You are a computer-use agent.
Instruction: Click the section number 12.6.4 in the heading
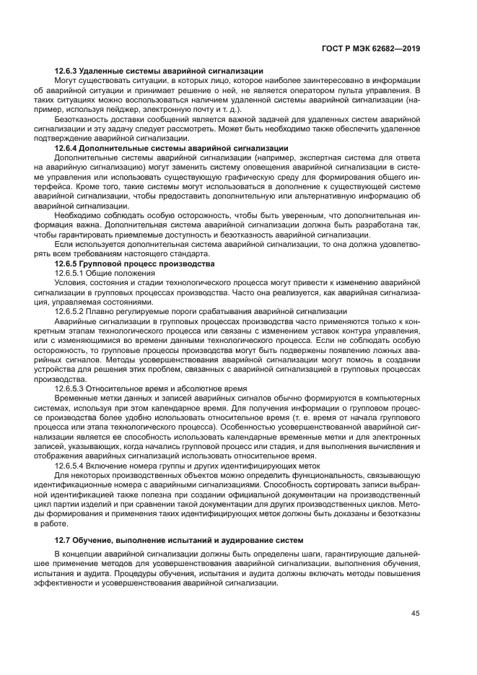tap(67, 148)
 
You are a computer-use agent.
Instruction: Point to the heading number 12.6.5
tap(67, 264)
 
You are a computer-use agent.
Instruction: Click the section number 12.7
tap(64, 541)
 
